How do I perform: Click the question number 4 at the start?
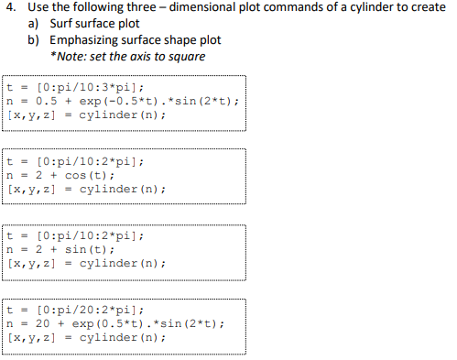pos(9,8)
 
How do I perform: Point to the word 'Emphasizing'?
pos(86,40)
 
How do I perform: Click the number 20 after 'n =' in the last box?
pos(42,322)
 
